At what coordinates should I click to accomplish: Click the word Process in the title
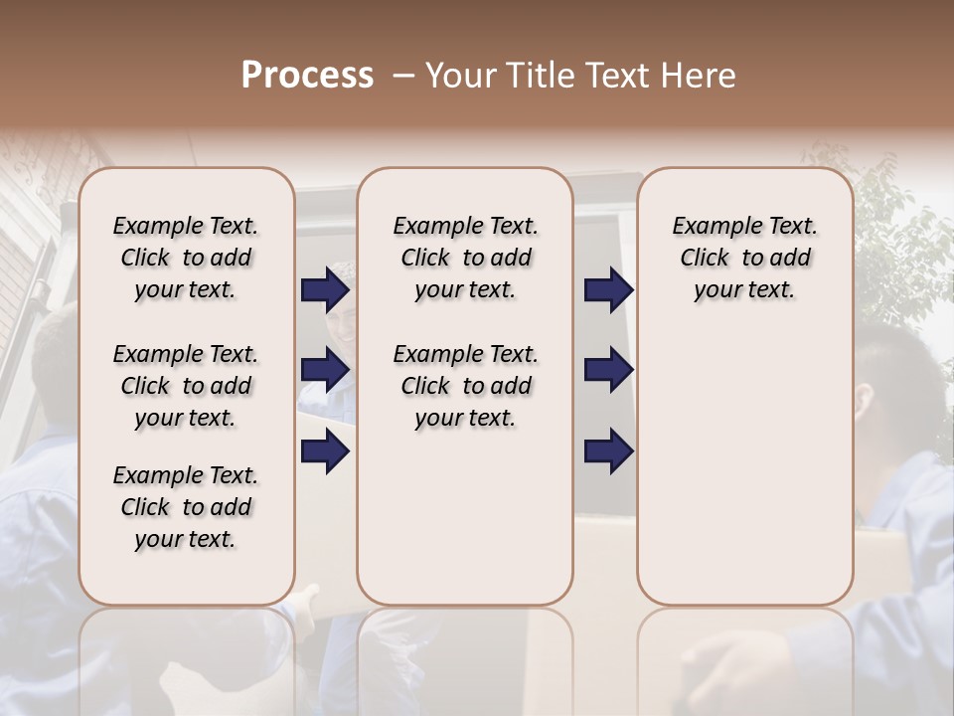pos(307,76)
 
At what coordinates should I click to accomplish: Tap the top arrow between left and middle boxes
pos(325,290)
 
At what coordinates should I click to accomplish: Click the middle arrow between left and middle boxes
pos(325,370)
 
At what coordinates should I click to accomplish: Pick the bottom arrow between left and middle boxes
pos(325,451)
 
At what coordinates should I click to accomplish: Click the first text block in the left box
pos(186,258)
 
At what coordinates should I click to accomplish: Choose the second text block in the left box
pos(186,386)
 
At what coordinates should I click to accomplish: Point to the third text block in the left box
pos(186,507)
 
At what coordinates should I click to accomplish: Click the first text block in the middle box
pos(465,258)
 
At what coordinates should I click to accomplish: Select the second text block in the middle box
pos(465,386)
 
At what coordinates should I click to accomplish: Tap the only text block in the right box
pos(744,258)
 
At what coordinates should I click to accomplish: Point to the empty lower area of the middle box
pos(465,517)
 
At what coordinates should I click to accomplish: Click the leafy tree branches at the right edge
pos(894,239)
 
